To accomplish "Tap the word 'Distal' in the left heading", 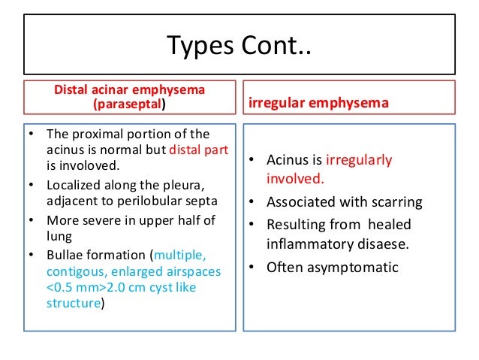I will (71, 91).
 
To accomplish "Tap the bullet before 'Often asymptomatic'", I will (252, 267).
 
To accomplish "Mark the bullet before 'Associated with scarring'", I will (252, 202).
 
